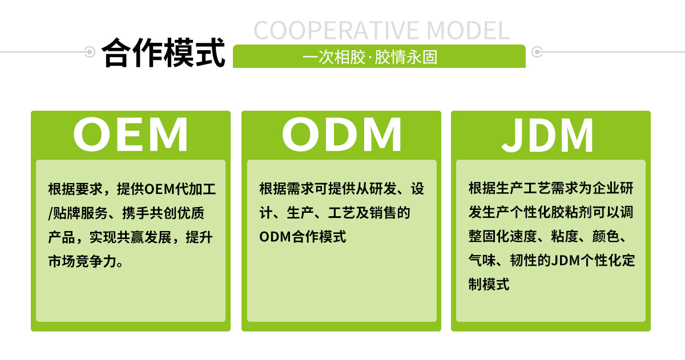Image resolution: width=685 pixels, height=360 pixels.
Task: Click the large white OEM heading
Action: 131,135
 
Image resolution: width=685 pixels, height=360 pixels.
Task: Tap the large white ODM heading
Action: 341,135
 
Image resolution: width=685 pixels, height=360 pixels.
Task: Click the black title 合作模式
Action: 164,53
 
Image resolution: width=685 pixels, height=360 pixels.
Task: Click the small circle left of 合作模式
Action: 90,52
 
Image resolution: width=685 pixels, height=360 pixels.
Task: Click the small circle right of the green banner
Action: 537,52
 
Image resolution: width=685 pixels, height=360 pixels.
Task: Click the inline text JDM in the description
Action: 565,261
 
